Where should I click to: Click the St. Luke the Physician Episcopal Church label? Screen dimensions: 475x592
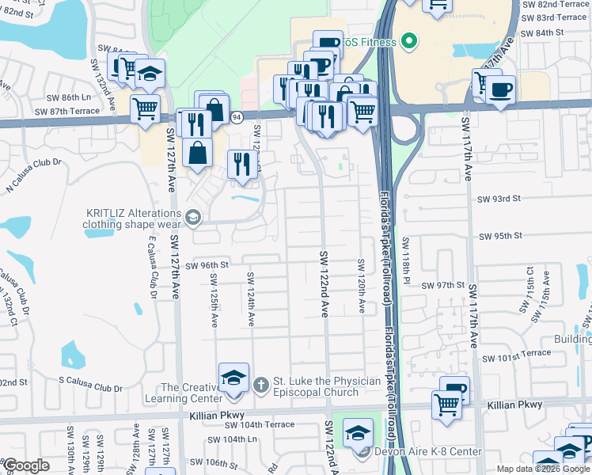[x=326, y=386]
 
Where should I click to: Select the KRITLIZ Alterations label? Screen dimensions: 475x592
[x=133, y=218]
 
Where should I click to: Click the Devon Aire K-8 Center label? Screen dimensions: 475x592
[x=427, y=451]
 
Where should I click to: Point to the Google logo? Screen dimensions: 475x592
[x=25, y=465]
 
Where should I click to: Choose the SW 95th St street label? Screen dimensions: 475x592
[x=501, y=236]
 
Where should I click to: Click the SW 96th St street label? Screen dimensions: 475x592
[x=207, y=265]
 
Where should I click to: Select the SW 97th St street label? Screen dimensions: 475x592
[x=442, y=285]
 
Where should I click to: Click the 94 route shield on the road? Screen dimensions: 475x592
[x=237, y=117]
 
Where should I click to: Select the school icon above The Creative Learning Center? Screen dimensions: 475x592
[x=233, y=377]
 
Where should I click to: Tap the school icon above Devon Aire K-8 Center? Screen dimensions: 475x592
[x=358, y=431]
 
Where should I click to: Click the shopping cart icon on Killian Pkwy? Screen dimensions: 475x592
[x=447, y=404]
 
